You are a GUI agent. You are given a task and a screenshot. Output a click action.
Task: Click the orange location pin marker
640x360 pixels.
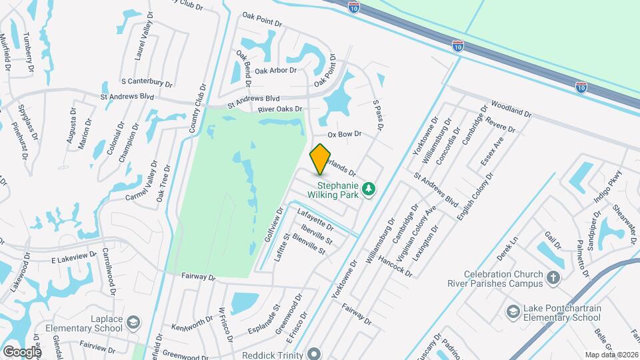click(321, 159)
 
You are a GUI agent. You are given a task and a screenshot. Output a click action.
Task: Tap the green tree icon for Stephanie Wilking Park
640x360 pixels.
click(367, 190)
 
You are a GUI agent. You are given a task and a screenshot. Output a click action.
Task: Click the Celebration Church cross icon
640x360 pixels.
click(553, 278)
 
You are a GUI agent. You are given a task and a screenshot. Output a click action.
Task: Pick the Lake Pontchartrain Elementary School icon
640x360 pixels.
click(513, 312)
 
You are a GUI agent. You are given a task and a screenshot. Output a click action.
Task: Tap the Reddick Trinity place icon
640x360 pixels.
click(314, 354)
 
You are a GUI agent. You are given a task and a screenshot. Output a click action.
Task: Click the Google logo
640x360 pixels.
click(22, 351)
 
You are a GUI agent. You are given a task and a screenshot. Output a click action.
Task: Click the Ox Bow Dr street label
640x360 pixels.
click(344, 134)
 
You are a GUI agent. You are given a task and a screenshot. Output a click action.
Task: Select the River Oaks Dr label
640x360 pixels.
click(280, 109)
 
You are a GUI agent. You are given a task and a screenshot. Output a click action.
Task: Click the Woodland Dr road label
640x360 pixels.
click(511, 109)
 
